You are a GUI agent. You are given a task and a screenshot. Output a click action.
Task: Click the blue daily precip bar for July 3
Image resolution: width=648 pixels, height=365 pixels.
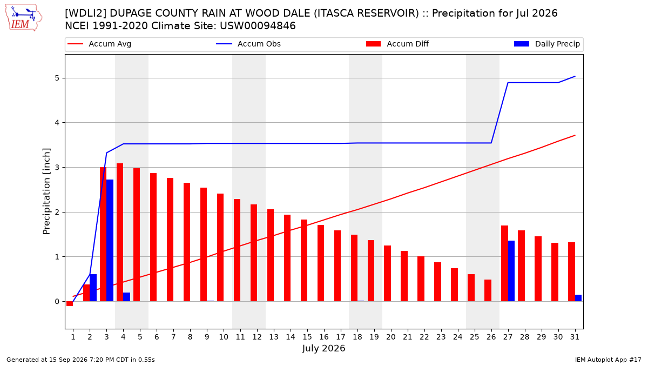110,241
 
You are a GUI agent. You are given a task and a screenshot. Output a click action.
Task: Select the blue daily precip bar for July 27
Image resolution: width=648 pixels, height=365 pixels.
511,271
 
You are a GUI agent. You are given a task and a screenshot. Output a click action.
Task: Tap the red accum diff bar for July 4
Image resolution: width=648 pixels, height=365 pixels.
120,233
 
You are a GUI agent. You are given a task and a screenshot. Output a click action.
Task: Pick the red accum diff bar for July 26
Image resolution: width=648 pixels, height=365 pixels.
488,290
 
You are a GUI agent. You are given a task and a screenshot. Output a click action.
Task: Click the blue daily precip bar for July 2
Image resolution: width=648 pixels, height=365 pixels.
93,288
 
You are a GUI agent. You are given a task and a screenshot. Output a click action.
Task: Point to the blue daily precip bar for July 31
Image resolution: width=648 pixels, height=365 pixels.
578,298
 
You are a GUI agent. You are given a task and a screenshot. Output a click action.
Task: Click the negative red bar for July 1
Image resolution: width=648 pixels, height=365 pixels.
70,303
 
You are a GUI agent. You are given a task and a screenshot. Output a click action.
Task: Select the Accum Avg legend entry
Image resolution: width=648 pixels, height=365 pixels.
99,44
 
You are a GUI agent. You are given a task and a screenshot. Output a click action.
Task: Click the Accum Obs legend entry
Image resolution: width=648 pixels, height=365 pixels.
248,44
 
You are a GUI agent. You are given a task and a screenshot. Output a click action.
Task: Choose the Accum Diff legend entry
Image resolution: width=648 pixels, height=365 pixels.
397,44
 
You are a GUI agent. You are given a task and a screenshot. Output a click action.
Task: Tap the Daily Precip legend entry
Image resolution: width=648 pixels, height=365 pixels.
547,44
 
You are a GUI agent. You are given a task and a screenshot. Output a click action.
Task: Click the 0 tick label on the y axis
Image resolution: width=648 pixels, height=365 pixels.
57,302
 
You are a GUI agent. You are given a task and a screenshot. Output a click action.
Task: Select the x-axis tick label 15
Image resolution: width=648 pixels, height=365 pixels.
307,337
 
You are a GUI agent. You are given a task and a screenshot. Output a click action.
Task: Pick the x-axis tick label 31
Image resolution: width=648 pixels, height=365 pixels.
575,337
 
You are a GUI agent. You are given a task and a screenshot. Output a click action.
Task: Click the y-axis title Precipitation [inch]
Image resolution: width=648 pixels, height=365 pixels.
46,191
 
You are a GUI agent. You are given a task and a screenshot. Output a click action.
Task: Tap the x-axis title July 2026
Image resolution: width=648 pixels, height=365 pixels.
323,348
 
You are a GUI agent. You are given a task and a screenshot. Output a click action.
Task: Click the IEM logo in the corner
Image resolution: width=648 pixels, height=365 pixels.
24,18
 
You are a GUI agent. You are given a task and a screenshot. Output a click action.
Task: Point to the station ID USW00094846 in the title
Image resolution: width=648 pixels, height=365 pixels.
258,26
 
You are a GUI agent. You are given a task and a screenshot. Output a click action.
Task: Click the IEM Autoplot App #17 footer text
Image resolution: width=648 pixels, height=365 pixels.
608,360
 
